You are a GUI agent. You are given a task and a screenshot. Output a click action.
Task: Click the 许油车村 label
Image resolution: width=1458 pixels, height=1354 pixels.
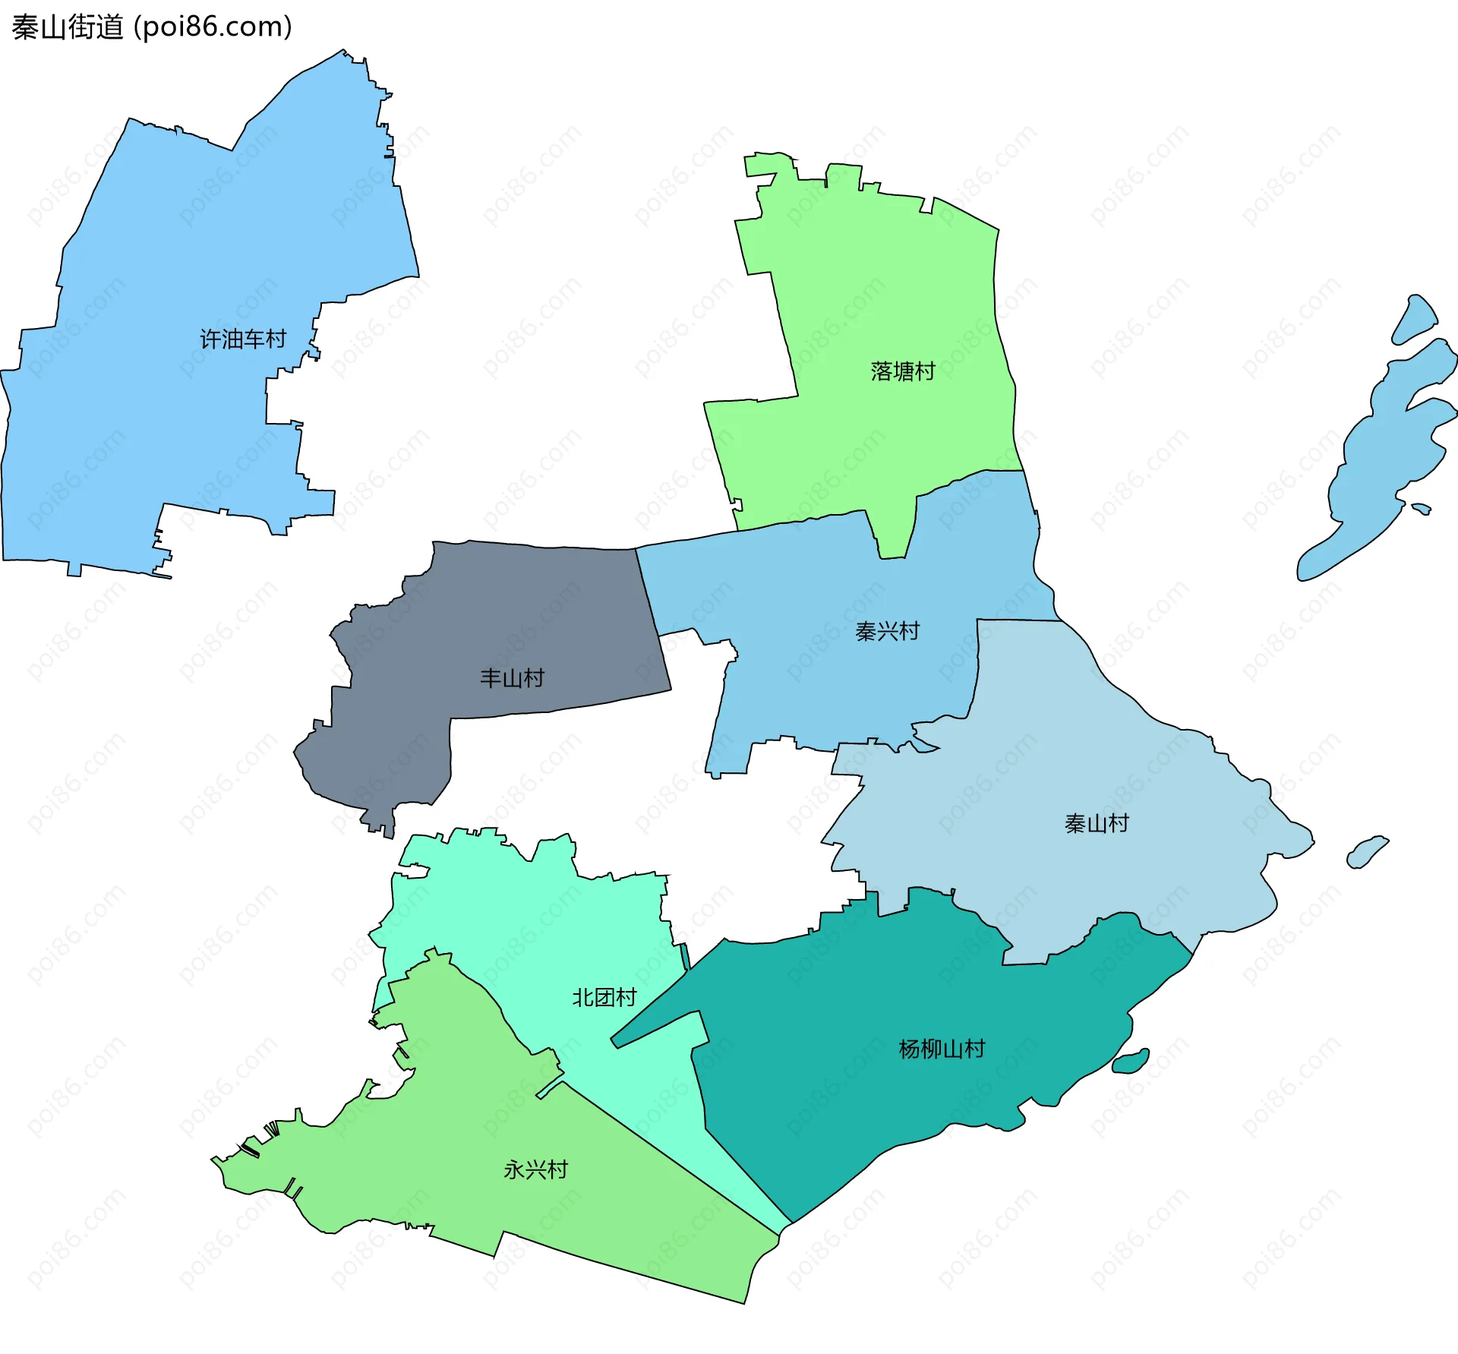[243, 339]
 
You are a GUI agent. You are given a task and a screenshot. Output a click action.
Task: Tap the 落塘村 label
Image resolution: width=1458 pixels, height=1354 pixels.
[902, 371]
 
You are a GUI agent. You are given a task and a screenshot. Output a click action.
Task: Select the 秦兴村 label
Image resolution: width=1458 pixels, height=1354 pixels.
[887, 631]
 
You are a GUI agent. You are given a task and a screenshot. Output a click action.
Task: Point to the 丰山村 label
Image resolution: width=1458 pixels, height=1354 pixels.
[513, 678]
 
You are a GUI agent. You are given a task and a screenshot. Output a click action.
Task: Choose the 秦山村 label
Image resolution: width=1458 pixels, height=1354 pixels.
[1097, 823]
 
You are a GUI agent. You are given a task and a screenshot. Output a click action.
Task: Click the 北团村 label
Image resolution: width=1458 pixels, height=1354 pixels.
[604, 997]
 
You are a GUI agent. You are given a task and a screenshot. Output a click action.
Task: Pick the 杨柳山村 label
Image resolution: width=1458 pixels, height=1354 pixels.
[942, 1049]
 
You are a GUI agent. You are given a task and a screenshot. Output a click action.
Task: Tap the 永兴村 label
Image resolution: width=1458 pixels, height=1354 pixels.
[535, 1169]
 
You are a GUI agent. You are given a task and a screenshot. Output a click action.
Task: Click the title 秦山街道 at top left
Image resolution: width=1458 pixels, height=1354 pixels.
[68, 27]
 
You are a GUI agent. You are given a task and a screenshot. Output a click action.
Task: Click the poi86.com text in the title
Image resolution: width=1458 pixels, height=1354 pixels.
[213, 27]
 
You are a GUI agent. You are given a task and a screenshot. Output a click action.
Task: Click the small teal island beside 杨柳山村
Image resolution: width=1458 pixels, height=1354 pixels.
[1131, 1062]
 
